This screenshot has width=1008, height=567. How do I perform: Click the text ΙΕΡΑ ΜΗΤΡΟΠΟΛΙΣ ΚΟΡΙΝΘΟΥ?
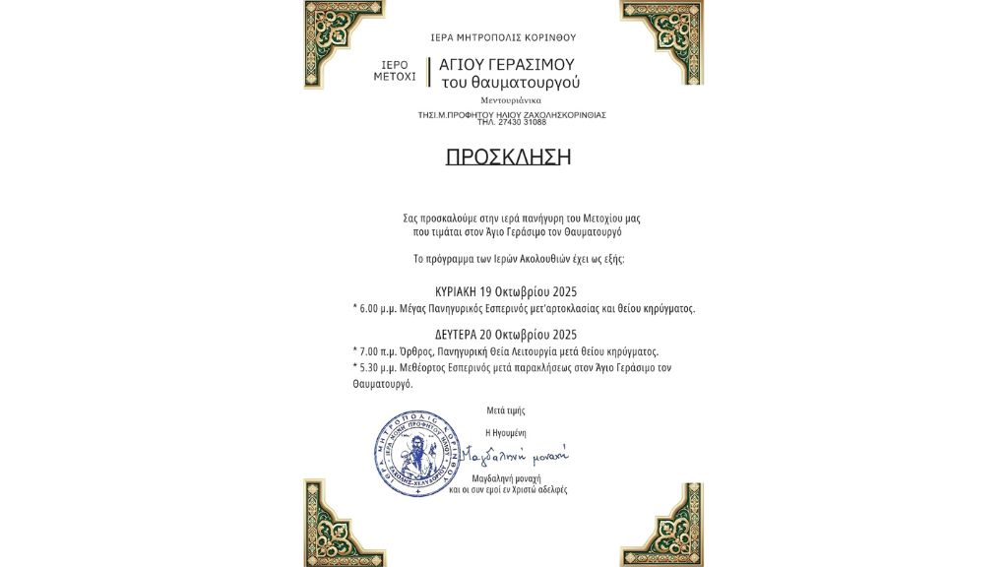(503, 37)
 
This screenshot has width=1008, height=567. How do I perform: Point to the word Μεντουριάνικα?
(511, 100)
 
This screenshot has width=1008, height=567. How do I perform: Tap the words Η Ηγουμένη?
(500, 432)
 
